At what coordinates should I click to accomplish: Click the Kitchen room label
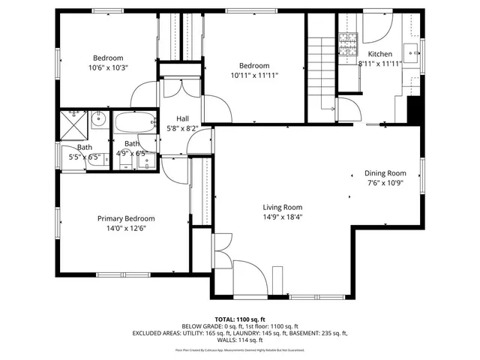tap(379, 54)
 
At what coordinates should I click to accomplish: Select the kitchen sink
tap(412, 51)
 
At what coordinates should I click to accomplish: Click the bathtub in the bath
tap(134, 121)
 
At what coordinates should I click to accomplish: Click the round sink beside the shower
tap(98, 118)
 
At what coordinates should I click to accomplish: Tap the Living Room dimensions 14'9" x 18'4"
tap(282, 217)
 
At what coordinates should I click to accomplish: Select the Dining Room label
tap(385, 172)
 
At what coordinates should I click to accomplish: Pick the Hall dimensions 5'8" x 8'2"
tap(182, 128)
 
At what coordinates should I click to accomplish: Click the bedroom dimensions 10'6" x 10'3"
tap(108, 67)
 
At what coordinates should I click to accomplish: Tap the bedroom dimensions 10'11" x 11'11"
tap(254, 75)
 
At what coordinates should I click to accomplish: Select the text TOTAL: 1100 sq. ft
tap(240, 319)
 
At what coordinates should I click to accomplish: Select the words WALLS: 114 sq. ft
tap(240, 341)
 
